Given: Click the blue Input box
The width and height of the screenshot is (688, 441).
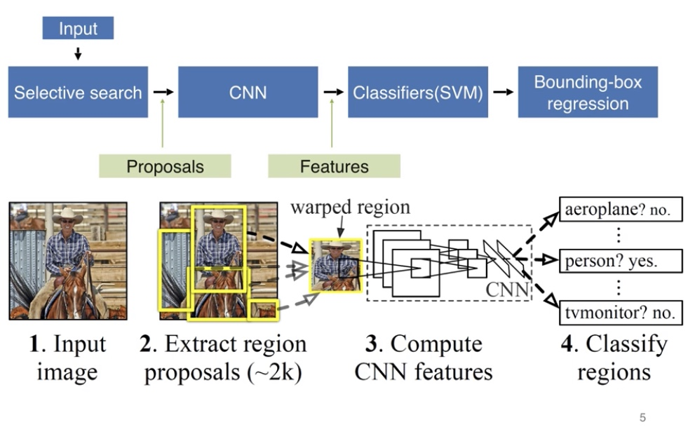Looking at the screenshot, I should pyautogui.click(x=78, y=28).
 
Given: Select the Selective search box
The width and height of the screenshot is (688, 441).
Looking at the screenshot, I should pyautogui.click(x=78, y=92).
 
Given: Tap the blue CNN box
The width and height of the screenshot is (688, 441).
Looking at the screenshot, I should pyautogui.click(x=248, y=92).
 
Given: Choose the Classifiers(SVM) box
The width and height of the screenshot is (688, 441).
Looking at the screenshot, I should pyautogui.click(x=418, y=92).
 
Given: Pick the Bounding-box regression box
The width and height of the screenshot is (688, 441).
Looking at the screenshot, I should pyautogui.click(x=588, y=92).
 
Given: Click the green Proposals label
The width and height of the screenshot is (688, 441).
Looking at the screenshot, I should pyautogui.click(x=165, y=166).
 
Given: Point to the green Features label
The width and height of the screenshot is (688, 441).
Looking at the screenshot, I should pyautogui.click(x=334, y=166).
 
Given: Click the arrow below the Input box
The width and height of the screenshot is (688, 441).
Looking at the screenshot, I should pyautogui.click(x=78, y=53).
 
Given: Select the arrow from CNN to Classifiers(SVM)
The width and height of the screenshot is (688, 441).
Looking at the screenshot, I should pyautogui.click(x=333, y=92).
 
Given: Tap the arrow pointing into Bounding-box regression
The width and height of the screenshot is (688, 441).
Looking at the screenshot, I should pyautogui.click(x=503, y=92).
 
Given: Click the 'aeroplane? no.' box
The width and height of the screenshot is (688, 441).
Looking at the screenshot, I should pyautogui.click(x=621, y=210).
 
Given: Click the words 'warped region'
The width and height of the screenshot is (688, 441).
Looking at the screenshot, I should pyautogui.click(x=350, y=208).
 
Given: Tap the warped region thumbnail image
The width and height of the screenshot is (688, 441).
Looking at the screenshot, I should pyautogui.click(x=336, y=265).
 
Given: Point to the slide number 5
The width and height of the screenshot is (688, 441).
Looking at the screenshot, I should pyautogui.click(x=642, y=418).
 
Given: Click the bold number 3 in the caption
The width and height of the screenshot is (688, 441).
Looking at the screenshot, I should pyautogui.click(x=372, y=344).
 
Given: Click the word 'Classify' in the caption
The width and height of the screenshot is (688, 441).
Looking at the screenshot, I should pyautogui.click(x=626, y=344).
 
